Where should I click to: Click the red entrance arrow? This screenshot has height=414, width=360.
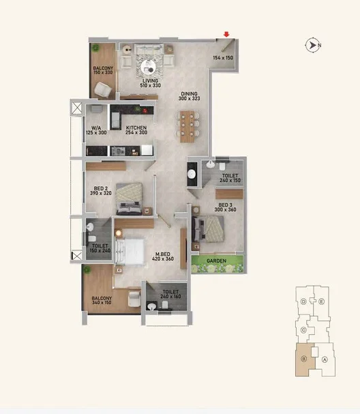tap(226, 34)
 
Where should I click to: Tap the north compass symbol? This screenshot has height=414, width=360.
tap(313, 46)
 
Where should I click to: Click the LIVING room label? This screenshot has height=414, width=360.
tap(151, 80)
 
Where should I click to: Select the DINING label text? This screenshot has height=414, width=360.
tap(189, 93)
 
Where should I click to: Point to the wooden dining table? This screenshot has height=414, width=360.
tap(187, 127)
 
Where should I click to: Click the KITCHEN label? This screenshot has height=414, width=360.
tap(136, 128)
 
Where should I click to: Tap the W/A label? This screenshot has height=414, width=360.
tap(96, 128)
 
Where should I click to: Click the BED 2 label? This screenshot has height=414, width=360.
tap(100, 188)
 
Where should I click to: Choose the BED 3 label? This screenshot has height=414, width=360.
tap(225, 205)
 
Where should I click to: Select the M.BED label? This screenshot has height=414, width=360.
tap(162, 254)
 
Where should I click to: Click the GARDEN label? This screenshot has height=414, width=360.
tap(216, 261)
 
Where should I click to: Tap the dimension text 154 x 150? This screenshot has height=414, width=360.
tap(223, 57)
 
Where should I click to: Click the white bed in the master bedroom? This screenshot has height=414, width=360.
tap(130, 252)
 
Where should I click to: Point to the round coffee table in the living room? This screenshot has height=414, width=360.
tap(148, 67)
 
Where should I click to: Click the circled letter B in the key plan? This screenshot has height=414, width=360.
tap(304, 359)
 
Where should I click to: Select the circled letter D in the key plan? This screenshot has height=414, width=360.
tap(303, 301)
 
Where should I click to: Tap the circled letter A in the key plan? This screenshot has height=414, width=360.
tap(325, 359)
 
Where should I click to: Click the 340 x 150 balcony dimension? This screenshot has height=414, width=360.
tap(102, 303)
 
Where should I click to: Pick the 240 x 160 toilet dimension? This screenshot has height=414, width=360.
tap(170, 297)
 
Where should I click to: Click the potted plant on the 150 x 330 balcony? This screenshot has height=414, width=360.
tap(95, 48)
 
